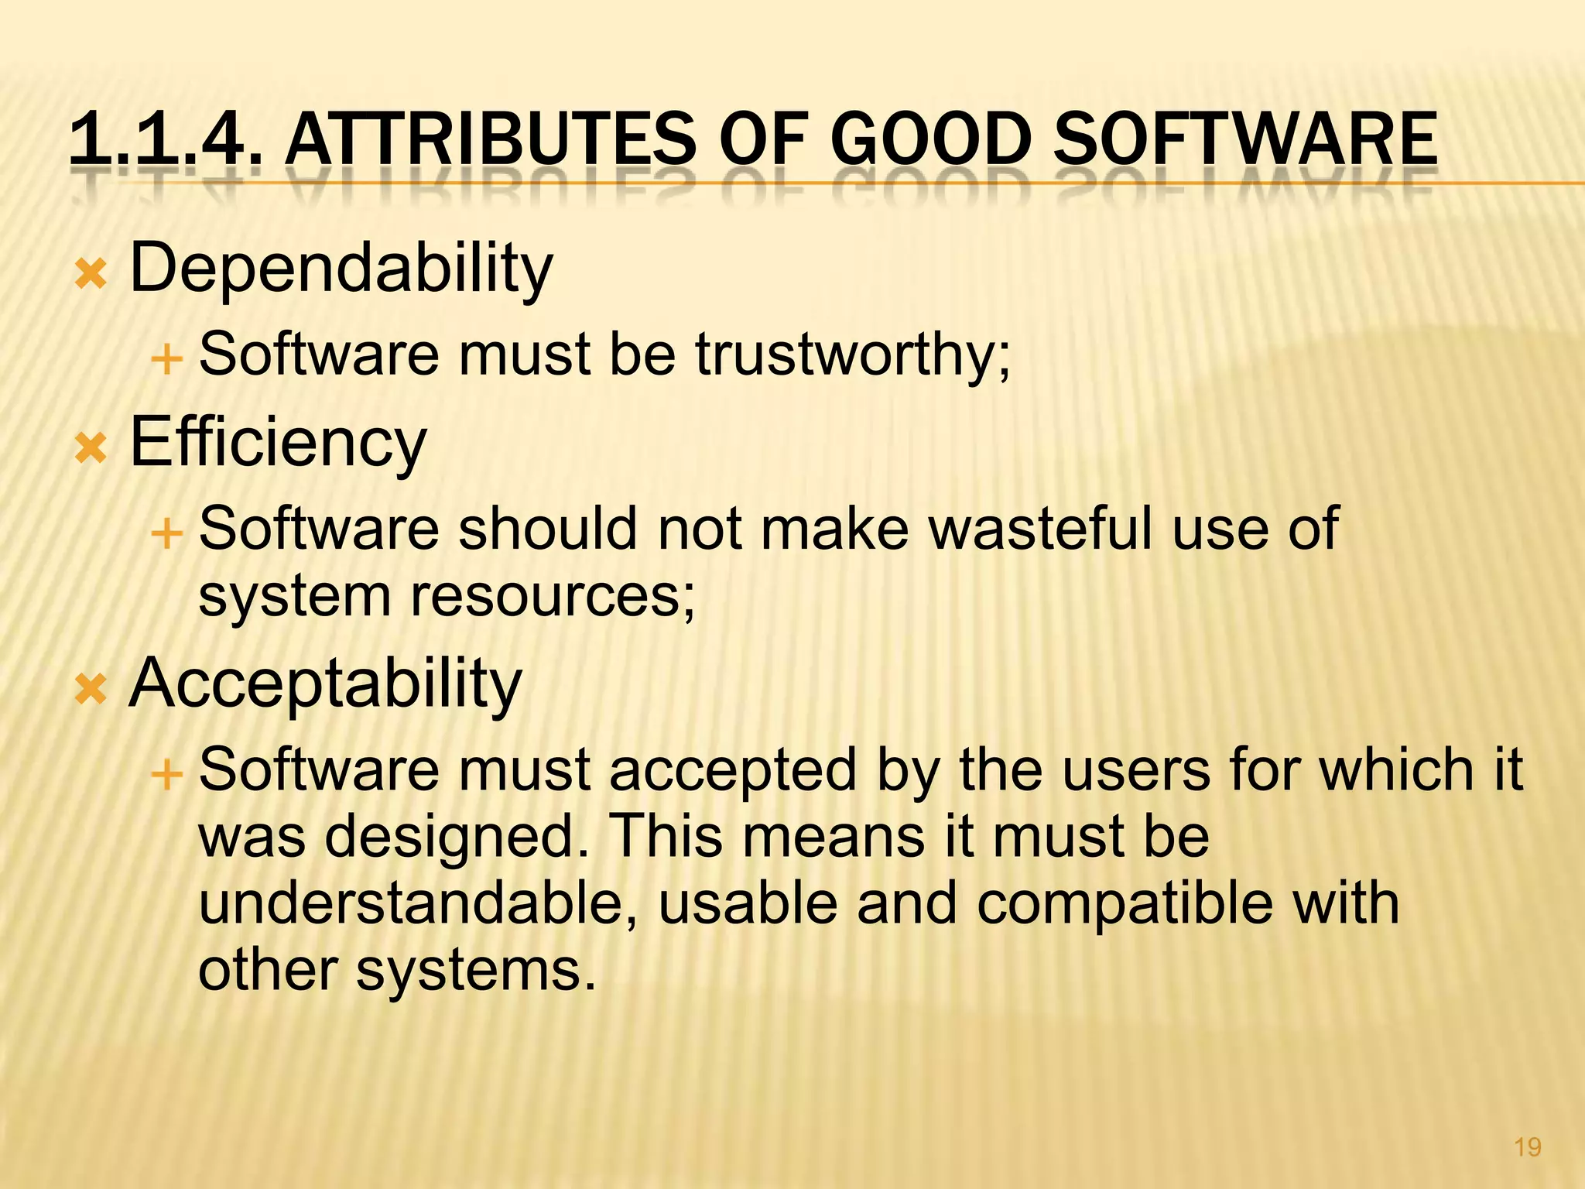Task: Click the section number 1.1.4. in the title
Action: point(163,139)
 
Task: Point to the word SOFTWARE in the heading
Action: point(1245,139)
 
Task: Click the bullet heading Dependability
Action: point(341,269)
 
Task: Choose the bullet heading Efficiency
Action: point(279,444)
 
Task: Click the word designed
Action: point(457,838)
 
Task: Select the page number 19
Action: point(1527,1147)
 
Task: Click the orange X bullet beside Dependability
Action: point(91,275)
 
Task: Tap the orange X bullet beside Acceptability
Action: point(91,690)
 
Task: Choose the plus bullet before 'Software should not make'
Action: point(166,533)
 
